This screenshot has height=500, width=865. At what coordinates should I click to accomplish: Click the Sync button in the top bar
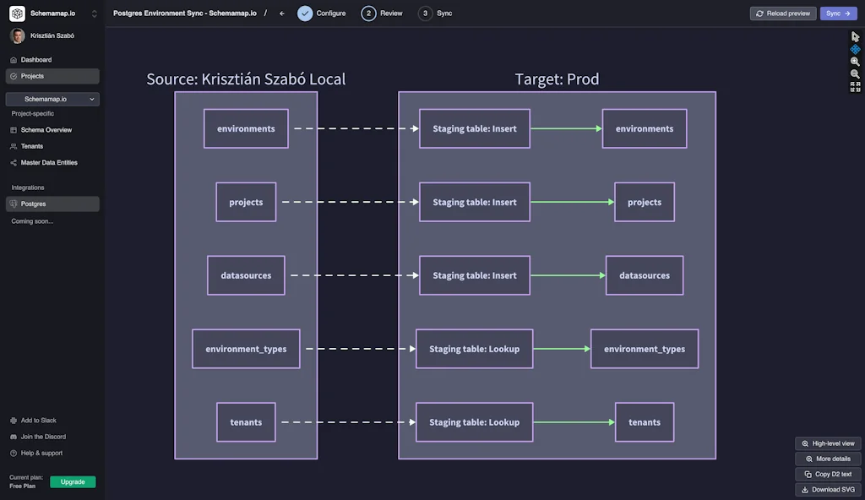837,14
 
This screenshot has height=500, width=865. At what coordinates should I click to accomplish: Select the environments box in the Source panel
246,128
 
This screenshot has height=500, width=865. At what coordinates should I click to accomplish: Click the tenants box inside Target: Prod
645,421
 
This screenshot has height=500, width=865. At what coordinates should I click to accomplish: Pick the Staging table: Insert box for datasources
475,275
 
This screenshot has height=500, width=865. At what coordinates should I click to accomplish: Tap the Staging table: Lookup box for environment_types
475,349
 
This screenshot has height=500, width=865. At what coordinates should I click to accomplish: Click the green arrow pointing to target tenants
574,422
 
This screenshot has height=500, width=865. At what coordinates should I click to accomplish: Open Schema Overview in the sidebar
46,130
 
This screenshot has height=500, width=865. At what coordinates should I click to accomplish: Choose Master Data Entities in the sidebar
48,162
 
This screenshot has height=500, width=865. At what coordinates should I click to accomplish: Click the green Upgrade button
73,481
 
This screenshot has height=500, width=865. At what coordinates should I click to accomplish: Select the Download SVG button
828,490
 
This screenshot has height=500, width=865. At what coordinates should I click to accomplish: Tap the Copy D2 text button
828,474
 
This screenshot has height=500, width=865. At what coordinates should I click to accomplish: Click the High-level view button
828,443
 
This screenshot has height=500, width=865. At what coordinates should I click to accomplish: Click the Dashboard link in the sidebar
35,60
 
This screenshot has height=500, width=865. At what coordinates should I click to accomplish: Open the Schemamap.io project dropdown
52,99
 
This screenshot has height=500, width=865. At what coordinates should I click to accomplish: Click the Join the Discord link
43,437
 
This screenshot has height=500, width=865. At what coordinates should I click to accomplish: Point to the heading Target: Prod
557,79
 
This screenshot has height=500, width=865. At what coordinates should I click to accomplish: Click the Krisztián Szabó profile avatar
17,35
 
